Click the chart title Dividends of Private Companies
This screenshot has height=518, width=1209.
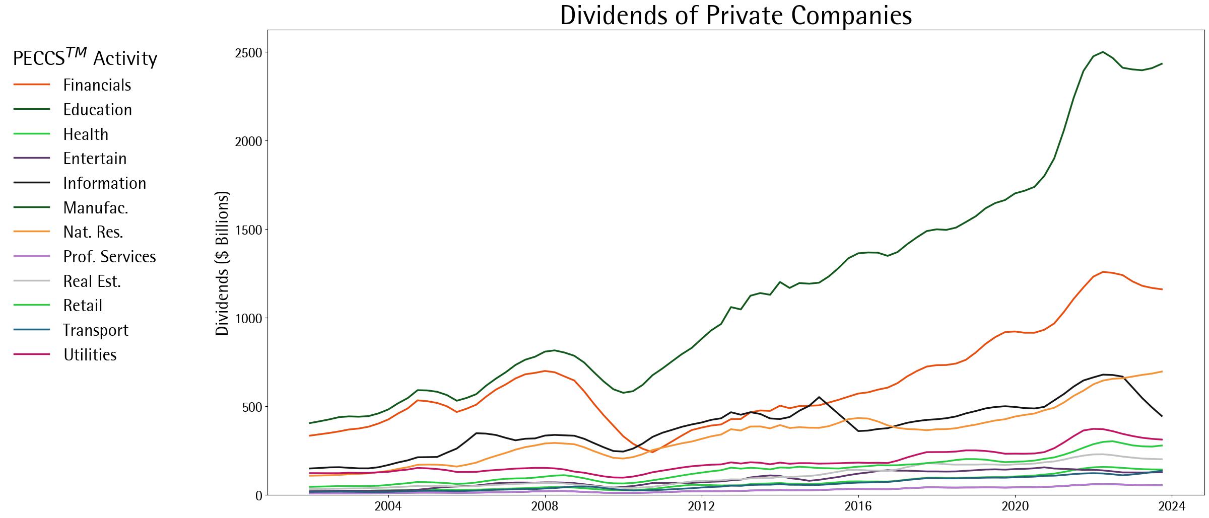coord(735,15)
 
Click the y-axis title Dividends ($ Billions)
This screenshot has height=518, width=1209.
coord(222,263)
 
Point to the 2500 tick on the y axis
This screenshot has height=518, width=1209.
coord(248,53)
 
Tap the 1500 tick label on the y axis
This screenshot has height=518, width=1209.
coord(248,230)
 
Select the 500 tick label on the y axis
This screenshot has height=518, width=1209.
coord(252,407)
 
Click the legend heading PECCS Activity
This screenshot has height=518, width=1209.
coord(85,58)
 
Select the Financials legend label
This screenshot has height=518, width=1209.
coord(97,85)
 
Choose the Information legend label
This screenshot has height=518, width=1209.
coord(104,183)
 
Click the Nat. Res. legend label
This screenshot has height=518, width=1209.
coord(93,232)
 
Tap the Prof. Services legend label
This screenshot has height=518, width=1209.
coord(109,257)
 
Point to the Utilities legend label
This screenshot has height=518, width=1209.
coord(90,355)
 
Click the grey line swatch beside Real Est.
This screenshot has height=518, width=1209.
coord(32,281)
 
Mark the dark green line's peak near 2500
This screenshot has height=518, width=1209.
coord(1103,52)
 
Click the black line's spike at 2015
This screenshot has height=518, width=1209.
coord(819,397)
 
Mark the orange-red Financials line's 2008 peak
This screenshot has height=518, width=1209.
coord(545,371)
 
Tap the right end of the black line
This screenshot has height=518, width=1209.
coord(1162,416)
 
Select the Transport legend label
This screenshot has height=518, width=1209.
coord(95,330)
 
